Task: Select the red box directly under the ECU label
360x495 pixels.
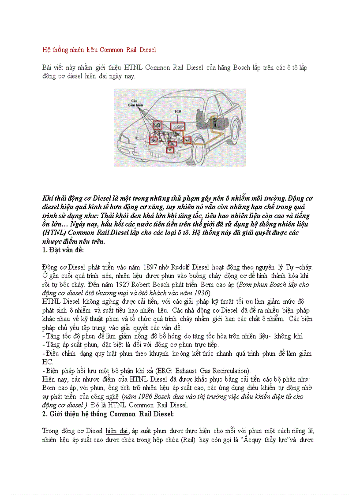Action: coord(178,126)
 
